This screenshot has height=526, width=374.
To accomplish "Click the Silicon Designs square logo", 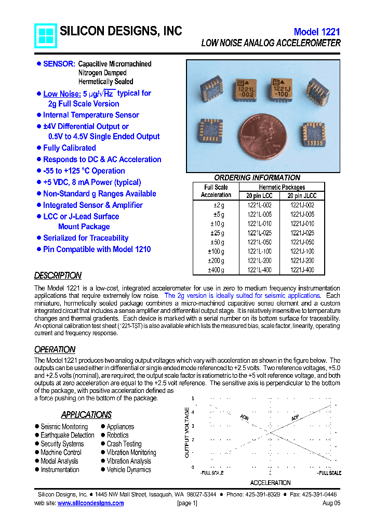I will (45, 36).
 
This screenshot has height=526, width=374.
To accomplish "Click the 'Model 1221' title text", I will (317, 32).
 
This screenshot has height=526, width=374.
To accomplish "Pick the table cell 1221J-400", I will (302, 270).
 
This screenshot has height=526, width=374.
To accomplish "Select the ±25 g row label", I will (217, 233).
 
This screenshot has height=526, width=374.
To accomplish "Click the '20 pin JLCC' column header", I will (302, 196).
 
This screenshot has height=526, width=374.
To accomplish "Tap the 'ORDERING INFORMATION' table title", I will (257, 178).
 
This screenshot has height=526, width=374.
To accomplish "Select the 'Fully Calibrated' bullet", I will (69, 148).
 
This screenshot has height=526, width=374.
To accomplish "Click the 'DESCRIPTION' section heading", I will (58, 275).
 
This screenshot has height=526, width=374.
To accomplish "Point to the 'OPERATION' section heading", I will (55, 349).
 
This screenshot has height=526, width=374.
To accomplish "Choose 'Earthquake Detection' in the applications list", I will (68, 435).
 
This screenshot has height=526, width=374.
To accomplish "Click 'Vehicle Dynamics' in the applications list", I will (129, 469).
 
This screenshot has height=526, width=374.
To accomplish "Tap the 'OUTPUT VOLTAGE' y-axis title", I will (188, 432).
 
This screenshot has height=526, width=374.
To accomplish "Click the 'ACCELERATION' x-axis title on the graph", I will (270, 482).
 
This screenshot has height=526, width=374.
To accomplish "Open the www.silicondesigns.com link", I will (90, 503).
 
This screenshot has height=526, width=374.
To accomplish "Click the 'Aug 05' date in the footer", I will (331, 503).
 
